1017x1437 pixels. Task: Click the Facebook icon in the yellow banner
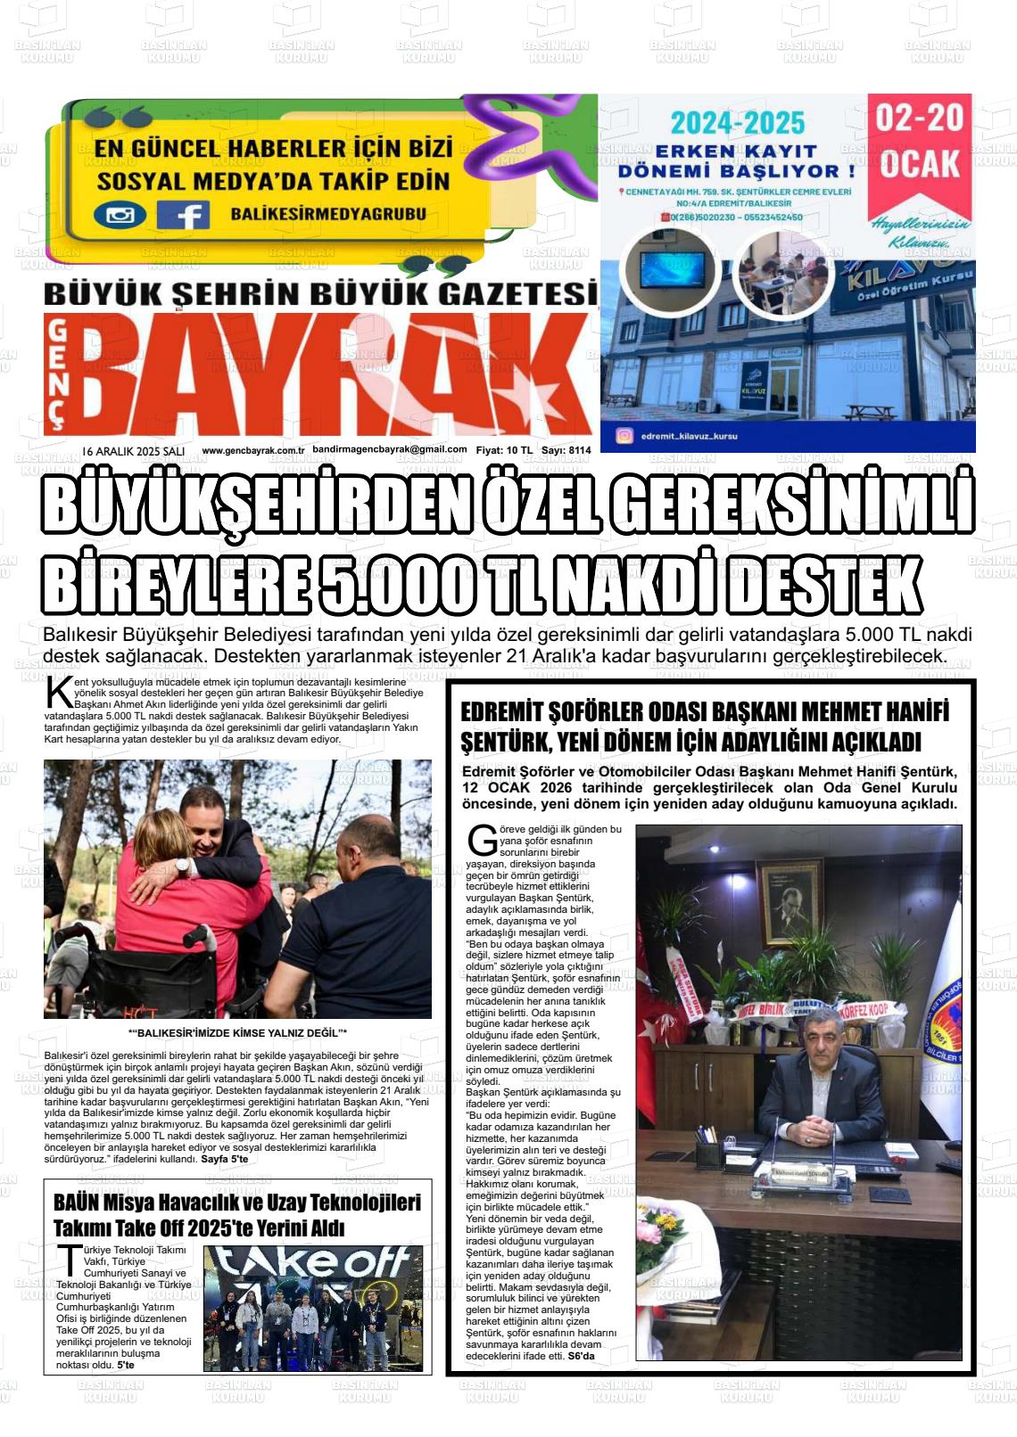pyautogui.click(x=183, y=215)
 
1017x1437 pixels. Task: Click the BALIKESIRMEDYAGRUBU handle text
pyautogui.click(x=327, y=214)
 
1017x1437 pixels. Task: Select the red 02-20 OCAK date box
pyautogui.click(x=919, y=143)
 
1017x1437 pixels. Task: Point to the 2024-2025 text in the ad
pyautogui.click(x=738, y=122)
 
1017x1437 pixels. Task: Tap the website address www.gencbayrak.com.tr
pyautogui.click(x=253, y=450)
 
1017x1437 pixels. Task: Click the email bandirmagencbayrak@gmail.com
pyautogui.click(x=390, y=450)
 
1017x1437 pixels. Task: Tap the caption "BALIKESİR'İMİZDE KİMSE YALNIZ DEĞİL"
pyautogui.click(x=238, y=1032)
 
